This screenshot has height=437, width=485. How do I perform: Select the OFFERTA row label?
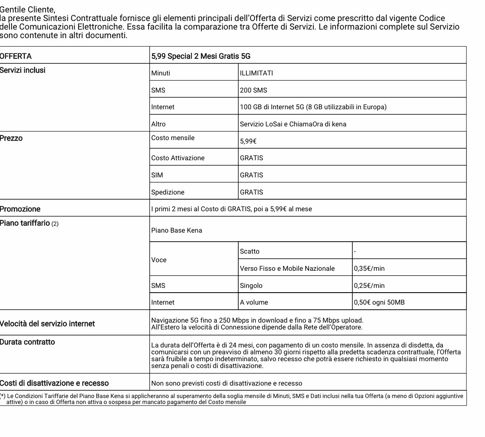[x=16, y=56]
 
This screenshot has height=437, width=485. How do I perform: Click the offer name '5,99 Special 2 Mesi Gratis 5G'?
[x=200, y=56]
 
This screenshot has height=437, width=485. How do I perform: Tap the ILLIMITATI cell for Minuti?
[x=256, y=73]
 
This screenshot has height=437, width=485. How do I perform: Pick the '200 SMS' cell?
[x=253, y=90]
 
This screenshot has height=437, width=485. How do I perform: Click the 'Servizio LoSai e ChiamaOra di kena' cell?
[x=293, y=124]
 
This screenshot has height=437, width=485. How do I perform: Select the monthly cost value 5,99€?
[x=248, y=141]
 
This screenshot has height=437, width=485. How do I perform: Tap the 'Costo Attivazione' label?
[x=178, y=158]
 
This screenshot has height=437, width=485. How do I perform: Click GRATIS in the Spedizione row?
[x=252, y=192]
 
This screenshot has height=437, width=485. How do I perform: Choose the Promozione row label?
[x=20, y=209]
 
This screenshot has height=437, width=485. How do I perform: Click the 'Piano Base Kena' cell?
[x=176, y=230]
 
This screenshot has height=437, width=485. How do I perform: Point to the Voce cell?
[x=159, y=260]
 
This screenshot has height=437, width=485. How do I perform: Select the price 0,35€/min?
[x=369, y=268]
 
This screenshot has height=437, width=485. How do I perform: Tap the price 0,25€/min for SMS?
[x=369, y=285]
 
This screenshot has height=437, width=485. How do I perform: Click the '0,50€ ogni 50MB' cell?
[x=379, y=302]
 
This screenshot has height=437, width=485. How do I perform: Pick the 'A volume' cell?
[x=254, y=302]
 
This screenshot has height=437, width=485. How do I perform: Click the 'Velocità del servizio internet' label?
[x=47, y=323]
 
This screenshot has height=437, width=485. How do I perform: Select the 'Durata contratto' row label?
[x=27, y=342]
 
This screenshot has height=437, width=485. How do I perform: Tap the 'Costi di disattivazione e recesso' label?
[x=54, y=383]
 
